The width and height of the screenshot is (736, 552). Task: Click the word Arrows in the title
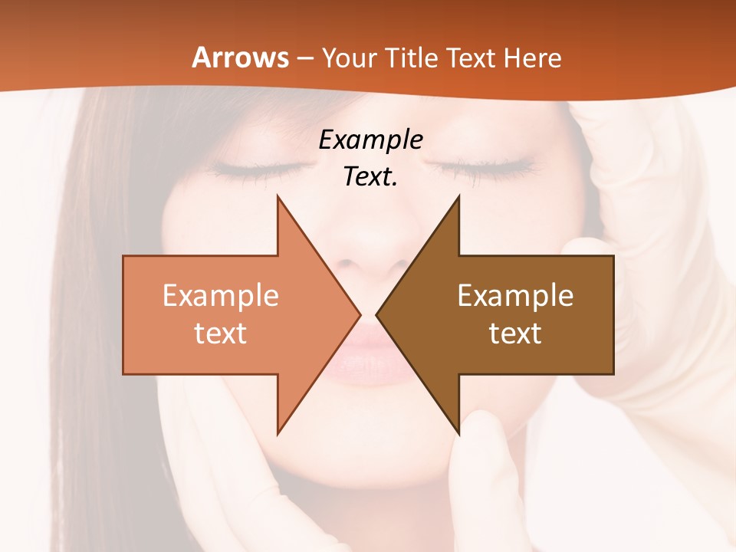[x=240, y=58]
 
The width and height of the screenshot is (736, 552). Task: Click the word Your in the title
[x=350, y=58]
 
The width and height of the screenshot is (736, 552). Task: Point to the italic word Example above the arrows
[x=370, y=140]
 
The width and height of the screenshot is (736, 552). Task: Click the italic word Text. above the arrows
[x=370, y=177]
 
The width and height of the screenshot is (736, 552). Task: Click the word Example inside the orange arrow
[x=220, y=296]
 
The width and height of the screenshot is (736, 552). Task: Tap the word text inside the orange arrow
[x=220, y=333]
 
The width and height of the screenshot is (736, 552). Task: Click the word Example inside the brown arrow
[x=515, y=296]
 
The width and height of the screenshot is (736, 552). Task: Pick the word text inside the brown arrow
[x=515, y=333]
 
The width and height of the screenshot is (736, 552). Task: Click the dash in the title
[x=305, y=58]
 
